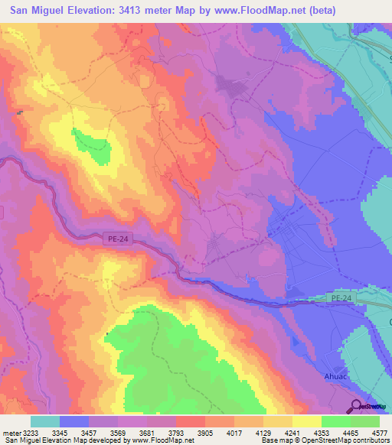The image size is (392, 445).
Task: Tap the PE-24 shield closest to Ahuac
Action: pos(343,297)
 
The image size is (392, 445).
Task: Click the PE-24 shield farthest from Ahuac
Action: pos(115,240)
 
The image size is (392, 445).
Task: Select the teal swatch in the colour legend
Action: pos(45,421)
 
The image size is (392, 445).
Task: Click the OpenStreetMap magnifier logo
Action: pos(356,407)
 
